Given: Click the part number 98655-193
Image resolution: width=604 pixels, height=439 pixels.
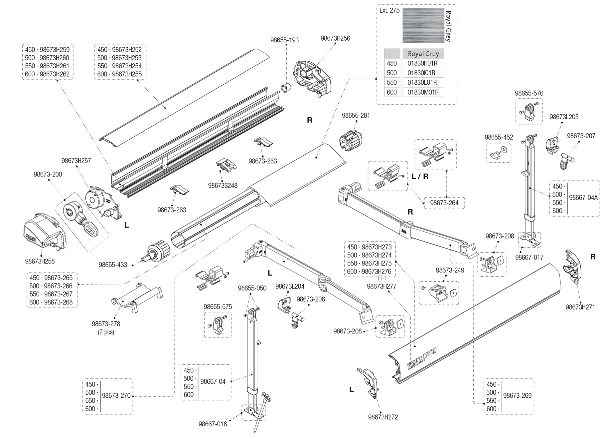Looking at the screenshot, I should [284, 40].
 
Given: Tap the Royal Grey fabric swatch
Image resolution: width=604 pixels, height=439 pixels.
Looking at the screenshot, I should [423, 25].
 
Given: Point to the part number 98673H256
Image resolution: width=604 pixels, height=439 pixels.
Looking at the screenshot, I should [335, 38].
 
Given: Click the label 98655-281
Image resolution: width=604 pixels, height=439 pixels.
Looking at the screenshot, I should [356, 116].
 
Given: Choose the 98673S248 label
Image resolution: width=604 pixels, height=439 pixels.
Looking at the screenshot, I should [223, 186].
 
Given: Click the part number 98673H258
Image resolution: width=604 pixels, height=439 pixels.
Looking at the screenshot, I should [40, 261].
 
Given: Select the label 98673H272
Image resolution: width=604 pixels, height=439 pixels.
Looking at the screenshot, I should [383, 417].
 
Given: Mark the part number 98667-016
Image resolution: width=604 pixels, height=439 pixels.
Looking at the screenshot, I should [213, 424].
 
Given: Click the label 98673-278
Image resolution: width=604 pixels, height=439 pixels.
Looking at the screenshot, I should [106, 324].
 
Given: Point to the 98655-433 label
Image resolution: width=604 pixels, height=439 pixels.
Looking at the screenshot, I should [113, 265].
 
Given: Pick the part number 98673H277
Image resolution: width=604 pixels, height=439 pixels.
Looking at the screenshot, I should [381, 286].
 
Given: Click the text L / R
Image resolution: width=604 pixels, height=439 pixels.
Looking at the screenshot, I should [420, 177].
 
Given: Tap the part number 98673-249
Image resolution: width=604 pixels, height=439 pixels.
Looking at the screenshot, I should [450, 270].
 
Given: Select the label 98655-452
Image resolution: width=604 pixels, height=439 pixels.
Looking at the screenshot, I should [499, 137].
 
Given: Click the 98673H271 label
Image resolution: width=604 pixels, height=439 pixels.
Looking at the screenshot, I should [580, 307].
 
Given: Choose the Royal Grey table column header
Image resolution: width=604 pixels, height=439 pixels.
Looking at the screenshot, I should [423, 54].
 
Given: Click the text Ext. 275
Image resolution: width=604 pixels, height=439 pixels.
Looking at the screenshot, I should [389, 11].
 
